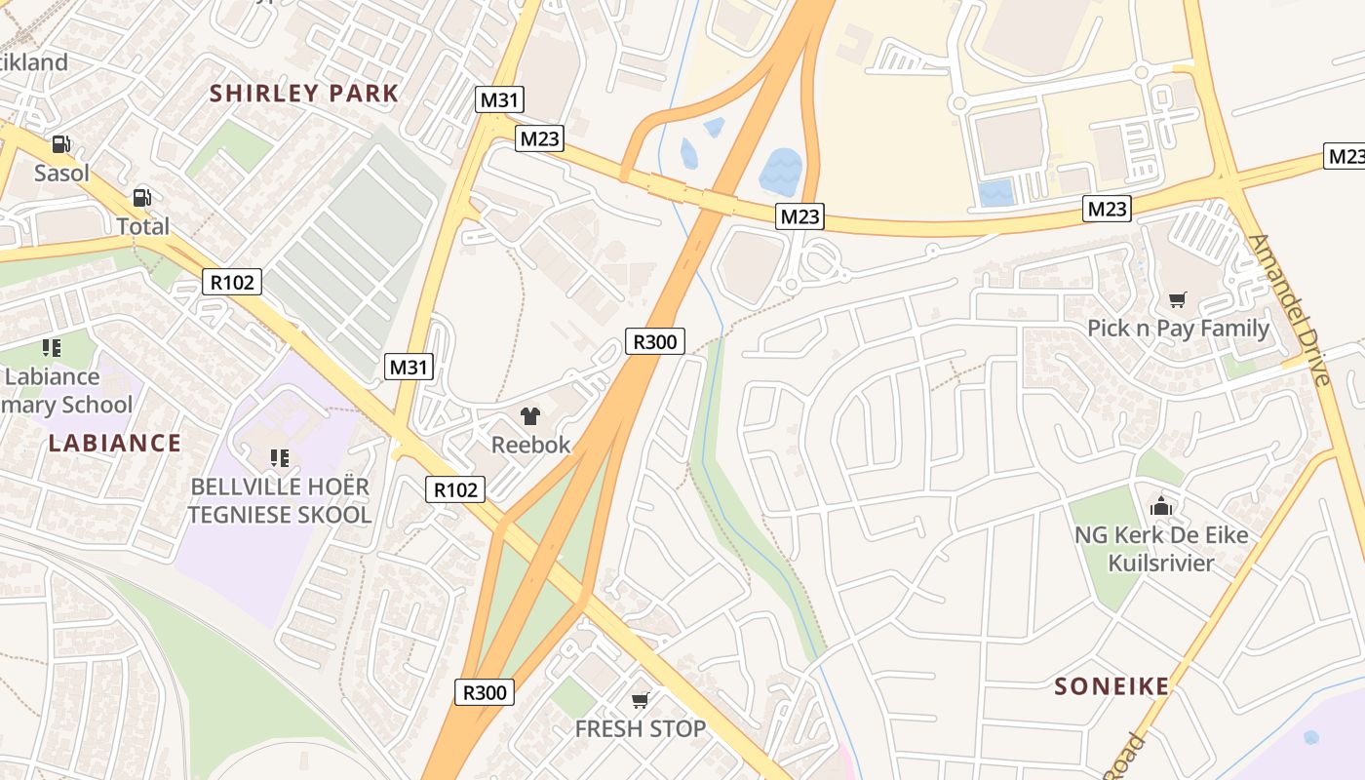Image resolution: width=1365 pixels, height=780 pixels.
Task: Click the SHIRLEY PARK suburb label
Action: click(304, 94)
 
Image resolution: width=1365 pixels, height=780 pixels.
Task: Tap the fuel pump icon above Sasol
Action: click(61, 144)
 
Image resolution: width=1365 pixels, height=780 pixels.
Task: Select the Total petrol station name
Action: click(143, 226)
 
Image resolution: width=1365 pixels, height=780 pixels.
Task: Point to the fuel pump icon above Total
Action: click(142, 198)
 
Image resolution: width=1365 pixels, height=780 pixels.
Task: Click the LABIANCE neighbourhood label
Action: click(114, 443)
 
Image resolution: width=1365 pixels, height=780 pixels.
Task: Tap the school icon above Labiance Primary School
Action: click(52, 348)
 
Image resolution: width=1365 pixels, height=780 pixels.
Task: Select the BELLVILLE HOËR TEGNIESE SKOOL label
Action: click(280, 500)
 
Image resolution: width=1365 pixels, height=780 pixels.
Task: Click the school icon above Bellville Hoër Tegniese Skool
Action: click(280, 457)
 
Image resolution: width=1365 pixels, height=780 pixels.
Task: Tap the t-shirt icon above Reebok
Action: click(530, 416)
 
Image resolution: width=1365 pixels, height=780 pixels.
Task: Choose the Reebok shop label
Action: click(530, 445)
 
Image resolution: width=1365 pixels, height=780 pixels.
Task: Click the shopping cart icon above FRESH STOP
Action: click(641, 700)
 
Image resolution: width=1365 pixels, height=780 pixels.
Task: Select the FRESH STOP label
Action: click(641, 728)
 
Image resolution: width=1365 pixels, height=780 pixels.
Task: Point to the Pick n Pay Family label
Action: click(1178, 328)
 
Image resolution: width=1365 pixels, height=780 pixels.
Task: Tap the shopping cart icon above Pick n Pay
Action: click(1178, 299)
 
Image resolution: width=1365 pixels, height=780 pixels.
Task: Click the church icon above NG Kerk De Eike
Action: click(1160, 506)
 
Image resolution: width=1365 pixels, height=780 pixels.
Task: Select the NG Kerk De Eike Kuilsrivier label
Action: click(1160, 549)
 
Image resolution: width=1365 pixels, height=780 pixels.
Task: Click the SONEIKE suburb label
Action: click(1111, 686)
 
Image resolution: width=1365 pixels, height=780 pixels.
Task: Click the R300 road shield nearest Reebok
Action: click(654, 341)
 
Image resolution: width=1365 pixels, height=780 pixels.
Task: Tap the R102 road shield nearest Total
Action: click(233, 283)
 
